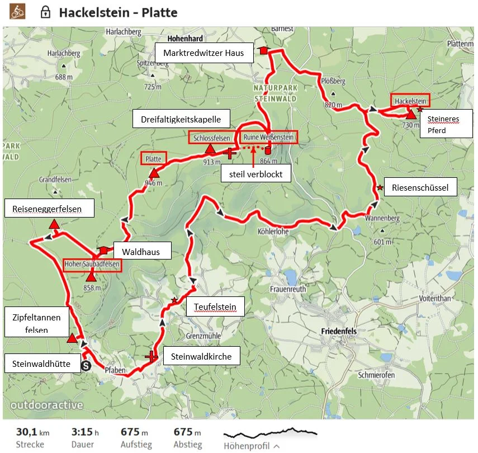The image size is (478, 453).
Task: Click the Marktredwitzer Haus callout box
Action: [x=203, y=53]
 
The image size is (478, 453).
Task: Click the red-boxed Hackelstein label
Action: [x=410, y=101]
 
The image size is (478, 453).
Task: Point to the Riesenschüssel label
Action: [x=420, y=188]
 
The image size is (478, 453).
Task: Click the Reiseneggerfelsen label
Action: [x=47, y=209]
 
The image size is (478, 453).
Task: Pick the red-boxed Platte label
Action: [x=153, y=159]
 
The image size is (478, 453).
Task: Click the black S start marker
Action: [x=86, y=366]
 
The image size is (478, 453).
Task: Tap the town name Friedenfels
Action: [x=339, y=332]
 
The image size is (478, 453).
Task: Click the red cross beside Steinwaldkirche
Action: [x=152, y=356]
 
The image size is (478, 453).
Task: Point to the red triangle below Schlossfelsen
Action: [x=210, y=149]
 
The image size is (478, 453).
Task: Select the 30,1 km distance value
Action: [x=32, y=432]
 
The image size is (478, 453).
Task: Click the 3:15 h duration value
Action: [x=85, y=432]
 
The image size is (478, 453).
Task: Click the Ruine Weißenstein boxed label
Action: [x=267, y=137]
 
